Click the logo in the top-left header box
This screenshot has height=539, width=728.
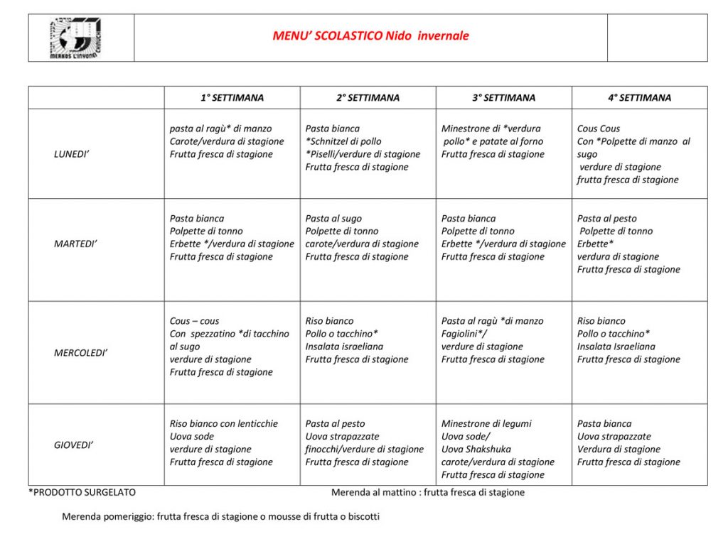[75, 38]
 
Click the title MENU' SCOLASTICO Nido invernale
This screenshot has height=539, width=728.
[370, 36]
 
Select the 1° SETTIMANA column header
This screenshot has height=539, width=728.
[232, 98]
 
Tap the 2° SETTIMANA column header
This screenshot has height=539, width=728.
[368, 98]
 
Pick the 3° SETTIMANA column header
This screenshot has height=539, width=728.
[503, 98]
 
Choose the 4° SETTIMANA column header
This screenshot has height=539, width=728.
[639, 98]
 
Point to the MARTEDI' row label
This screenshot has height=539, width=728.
[75, 244]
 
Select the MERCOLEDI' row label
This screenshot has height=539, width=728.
[81, 352]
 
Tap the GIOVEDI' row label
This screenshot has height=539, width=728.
[74, 445]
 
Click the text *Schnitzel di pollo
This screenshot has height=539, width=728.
[343, 141]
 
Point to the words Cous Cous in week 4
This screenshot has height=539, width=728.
[599, 129]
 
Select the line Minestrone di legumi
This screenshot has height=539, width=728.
[486, 423]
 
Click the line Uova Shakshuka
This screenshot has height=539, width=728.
[476, 449]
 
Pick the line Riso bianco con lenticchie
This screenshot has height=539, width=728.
[224, 423]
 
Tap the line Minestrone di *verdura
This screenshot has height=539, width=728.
[491, 129]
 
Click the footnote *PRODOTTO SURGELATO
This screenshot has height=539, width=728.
[82, 492]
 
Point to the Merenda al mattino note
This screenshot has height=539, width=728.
[428, 492]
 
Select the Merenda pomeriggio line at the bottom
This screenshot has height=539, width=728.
[220, 516]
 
